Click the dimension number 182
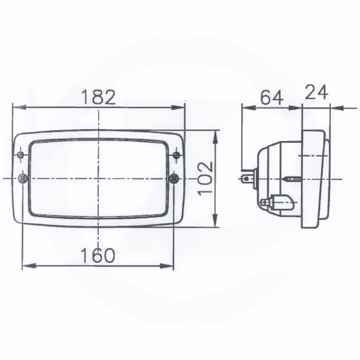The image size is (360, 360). (x=98, y=97)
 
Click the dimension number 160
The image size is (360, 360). (x=98, y=256)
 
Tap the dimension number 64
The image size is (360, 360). (x=272, y=98)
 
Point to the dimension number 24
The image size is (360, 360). (x=316, y=92)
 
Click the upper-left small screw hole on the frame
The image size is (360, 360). (x=21, y=155)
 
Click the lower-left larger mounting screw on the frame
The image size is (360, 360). (x=23, y=178)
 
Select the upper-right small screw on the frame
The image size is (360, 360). (x=176, y=155)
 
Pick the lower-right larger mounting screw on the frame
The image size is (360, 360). (x=174, y=178)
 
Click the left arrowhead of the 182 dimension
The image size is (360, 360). (x=19, y=107)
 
